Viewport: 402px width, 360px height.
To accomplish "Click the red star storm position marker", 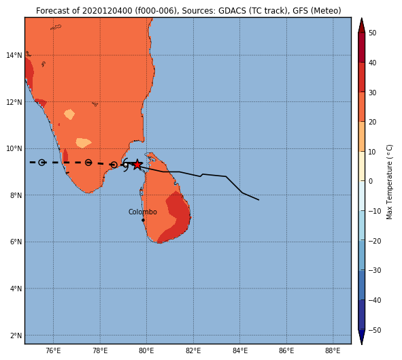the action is click(x=137, y=165).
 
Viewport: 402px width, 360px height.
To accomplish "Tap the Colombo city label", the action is click(x=143, y=212).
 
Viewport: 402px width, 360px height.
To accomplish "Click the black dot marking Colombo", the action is click(x=143, y=220).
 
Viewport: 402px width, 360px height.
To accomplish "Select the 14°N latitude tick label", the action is click(x=14, y=55).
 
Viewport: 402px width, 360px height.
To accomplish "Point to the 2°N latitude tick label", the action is click(x=16, y=336).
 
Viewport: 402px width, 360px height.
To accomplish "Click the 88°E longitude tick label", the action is click(x=333, y=350).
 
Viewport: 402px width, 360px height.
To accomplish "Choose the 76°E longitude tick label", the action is click(x=53, y=350).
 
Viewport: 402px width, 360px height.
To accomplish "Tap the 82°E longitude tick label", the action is click(x=193, y=350).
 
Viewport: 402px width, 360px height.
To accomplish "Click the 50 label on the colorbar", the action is click(x=372, y=33).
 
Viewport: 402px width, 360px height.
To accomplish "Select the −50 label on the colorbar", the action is click(x=375, y=330).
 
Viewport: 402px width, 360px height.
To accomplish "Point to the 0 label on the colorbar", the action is click(x=371, y=181).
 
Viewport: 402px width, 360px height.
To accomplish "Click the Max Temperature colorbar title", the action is click(x=389, y=182).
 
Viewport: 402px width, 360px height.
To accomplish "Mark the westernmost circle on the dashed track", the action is click(x=41, y=163).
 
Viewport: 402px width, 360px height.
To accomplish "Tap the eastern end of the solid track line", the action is click(x=258, y=200).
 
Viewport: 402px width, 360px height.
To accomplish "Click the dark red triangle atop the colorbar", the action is click(x=361, y=25).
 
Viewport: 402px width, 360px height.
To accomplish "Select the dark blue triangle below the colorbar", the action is click(x=361, y=337).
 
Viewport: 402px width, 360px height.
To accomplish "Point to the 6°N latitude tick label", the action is click(x=16, y=242).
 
